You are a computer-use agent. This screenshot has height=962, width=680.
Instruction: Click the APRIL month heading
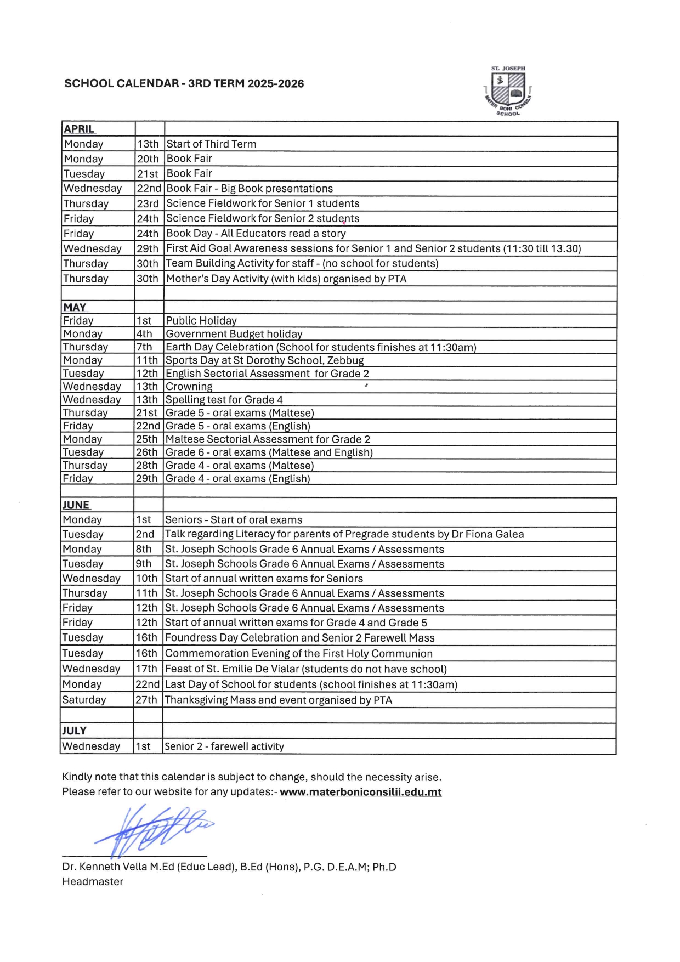[79, 129]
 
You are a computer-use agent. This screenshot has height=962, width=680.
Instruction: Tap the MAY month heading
[75, 307]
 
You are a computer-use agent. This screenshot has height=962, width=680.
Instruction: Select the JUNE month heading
[76, 505]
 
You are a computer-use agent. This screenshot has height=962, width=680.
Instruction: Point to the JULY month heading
[74, 731]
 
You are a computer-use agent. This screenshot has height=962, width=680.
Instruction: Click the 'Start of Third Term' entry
[211, 144]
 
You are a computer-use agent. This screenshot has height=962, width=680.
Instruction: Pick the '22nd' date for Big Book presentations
[149, 189]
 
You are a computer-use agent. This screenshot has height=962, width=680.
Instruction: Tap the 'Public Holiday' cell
[201, 321]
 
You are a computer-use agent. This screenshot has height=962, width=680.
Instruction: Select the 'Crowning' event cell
[189, 387]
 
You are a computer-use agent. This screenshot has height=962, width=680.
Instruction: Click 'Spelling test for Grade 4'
[224, 400]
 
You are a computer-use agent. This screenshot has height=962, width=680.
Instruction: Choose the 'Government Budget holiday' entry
[234, 334]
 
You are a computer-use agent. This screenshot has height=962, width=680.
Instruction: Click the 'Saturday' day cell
[84, 700]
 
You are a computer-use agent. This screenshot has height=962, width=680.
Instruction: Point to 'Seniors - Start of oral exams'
[234, 520]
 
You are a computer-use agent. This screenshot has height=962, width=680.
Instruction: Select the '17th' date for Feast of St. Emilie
[146, 669]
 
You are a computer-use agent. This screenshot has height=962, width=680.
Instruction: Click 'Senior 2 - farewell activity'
[224, 746]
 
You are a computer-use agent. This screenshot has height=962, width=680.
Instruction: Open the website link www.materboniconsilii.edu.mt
[360, 792]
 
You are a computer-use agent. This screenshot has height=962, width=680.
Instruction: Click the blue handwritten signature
[154, 828]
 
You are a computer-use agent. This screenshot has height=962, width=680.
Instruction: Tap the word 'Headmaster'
[93, 881]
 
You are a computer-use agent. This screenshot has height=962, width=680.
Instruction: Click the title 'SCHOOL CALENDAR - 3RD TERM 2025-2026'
[184, 84]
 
